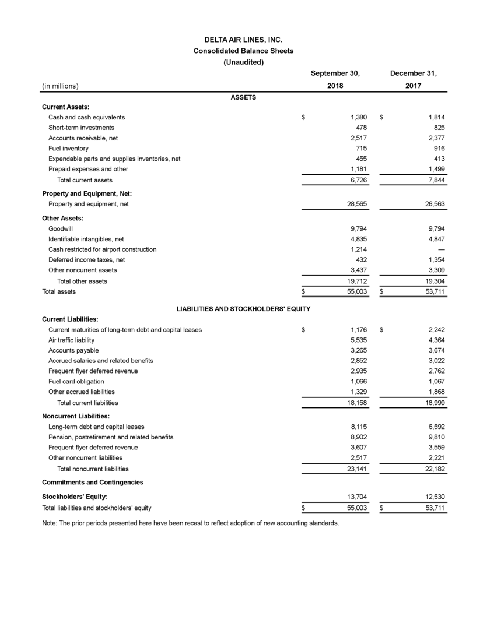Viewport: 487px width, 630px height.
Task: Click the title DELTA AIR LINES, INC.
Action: coord(243,40)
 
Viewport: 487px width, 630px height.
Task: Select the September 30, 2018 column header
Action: coord(335,80)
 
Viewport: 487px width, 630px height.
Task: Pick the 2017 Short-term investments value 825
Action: coord(438,128)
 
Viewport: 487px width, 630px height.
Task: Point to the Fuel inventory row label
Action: coord(68,149)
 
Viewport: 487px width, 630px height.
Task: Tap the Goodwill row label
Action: coord(61,229)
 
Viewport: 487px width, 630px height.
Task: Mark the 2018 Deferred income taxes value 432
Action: coord(360,259)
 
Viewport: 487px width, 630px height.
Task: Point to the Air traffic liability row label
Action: coord(71,340)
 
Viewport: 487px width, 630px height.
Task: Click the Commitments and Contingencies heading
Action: coord(93,482)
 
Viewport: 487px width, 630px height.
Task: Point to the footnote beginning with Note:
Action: coord(191,523)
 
